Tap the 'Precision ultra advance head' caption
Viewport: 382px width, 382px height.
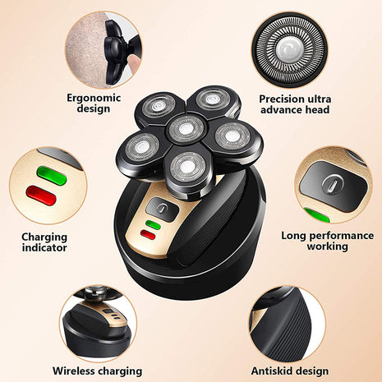(293, 104)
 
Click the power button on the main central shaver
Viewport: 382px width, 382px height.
(163, 210)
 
